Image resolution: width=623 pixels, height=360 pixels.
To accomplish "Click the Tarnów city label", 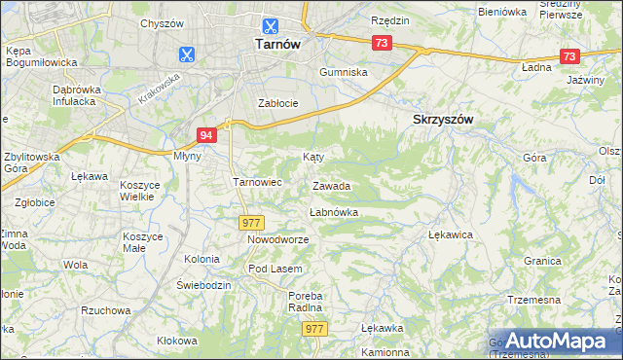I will [x=275, y=44].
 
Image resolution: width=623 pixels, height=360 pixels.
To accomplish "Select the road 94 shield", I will [x=205, y=135].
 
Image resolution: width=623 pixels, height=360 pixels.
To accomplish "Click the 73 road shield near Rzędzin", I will [x=382, y=42].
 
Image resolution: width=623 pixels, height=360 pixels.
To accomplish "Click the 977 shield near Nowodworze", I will [x=251, y=223].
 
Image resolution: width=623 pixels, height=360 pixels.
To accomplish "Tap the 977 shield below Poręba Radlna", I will [x=313, y=330].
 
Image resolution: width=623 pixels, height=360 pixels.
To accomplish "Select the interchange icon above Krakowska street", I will [x=187, y=54].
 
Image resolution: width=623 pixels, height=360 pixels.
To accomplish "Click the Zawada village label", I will [x=331, y=186].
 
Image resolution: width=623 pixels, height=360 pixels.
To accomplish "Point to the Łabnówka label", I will [x=334, y=211].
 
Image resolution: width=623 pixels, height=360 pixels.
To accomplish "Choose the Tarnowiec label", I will [x=257, y=181].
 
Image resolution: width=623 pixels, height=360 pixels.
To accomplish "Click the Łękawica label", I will [x=450, y=234].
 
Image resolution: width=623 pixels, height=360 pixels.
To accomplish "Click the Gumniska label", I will [x=345, y=72].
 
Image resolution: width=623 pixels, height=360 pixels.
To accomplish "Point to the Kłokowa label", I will [x=177, y=341].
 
